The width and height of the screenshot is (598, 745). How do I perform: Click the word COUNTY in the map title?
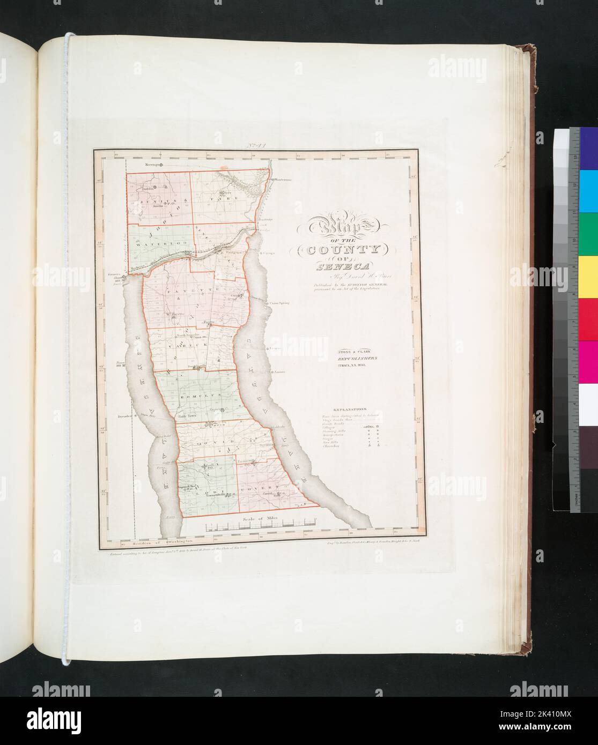[338, 250]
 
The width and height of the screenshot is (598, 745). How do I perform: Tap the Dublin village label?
[148, 189]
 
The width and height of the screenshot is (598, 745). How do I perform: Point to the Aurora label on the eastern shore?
[280, 371]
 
